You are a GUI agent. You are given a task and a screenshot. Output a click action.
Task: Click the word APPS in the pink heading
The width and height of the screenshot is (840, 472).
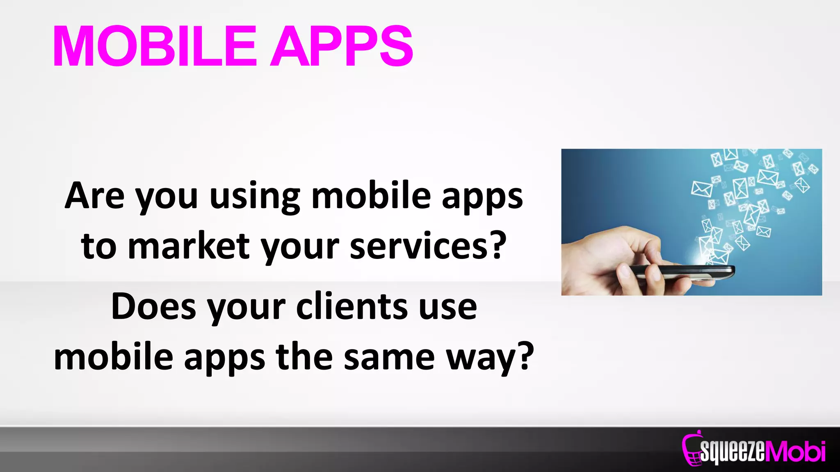tap(342, 46)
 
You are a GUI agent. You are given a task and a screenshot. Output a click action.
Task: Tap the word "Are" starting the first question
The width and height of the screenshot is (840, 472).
tap(94, 196)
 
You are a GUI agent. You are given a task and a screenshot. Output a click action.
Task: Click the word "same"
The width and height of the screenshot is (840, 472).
tap(389, 357)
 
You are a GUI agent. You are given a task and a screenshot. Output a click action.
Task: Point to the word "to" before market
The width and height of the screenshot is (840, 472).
tap(98, 247)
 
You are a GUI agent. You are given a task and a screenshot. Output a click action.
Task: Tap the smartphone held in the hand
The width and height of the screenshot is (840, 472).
tap(681, 272)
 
